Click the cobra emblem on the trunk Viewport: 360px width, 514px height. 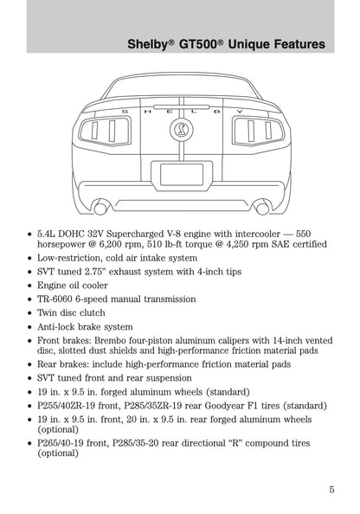click(x=182, y=131)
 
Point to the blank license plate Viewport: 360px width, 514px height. click(x=182, y=173)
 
